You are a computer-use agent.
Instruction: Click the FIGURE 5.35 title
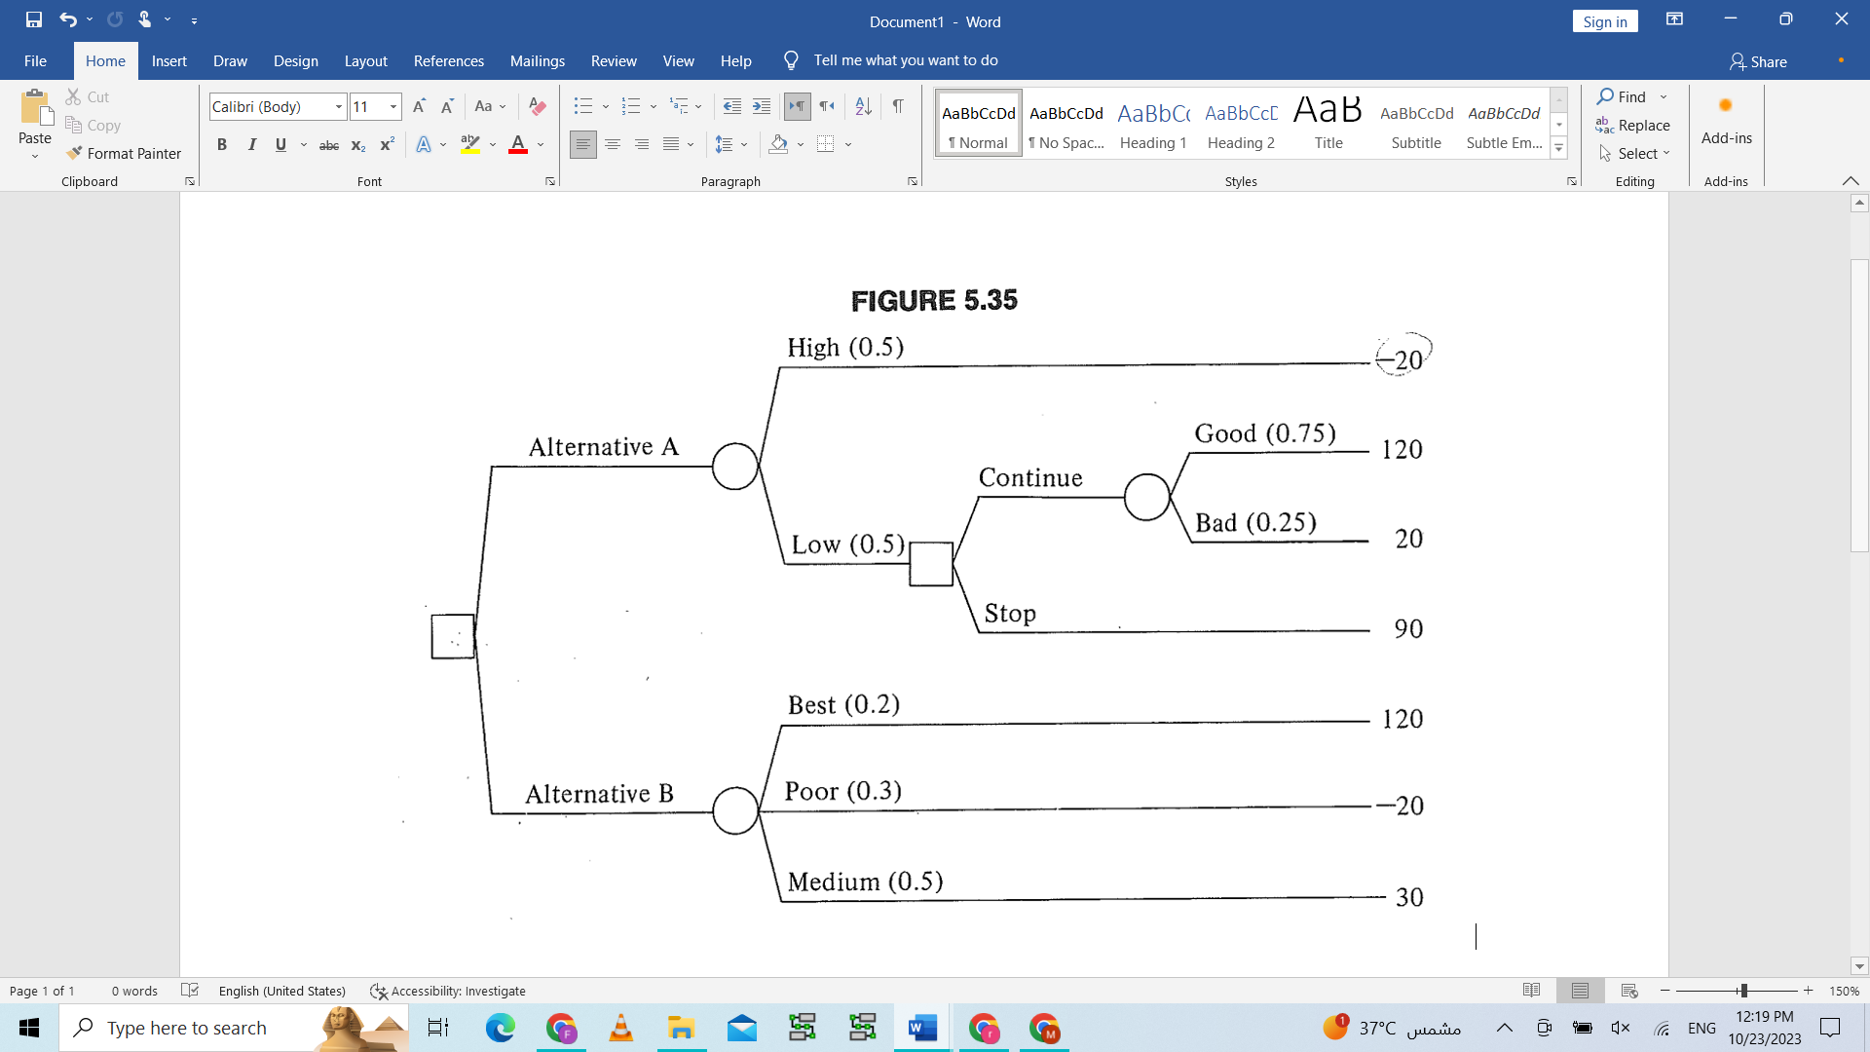(934, 301)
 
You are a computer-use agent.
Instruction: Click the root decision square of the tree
(453, 636)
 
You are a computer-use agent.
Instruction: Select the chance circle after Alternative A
(735, 466)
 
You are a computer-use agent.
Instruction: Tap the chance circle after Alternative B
(735, 810)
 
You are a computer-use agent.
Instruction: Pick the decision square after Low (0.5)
(931, 564)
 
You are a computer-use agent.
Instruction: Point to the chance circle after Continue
(1147, 497)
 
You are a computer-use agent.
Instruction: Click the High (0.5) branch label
(845, 348)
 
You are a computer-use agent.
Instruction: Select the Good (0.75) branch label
(1265, 433)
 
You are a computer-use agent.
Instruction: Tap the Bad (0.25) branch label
(1255, 523)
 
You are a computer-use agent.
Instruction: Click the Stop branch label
(1010, 614)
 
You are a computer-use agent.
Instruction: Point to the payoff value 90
(1408, 629)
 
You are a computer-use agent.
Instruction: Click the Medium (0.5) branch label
(865, 883)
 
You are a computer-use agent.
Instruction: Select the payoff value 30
(1409, 897)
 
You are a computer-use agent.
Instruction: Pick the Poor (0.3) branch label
(842, 791)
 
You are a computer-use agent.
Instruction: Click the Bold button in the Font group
(222, 144)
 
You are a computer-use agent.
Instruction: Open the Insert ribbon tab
(168, 60)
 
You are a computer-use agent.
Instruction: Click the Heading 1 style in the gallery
(1153, 125)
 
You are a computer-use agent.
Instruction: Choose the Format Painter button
(124, 154)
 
